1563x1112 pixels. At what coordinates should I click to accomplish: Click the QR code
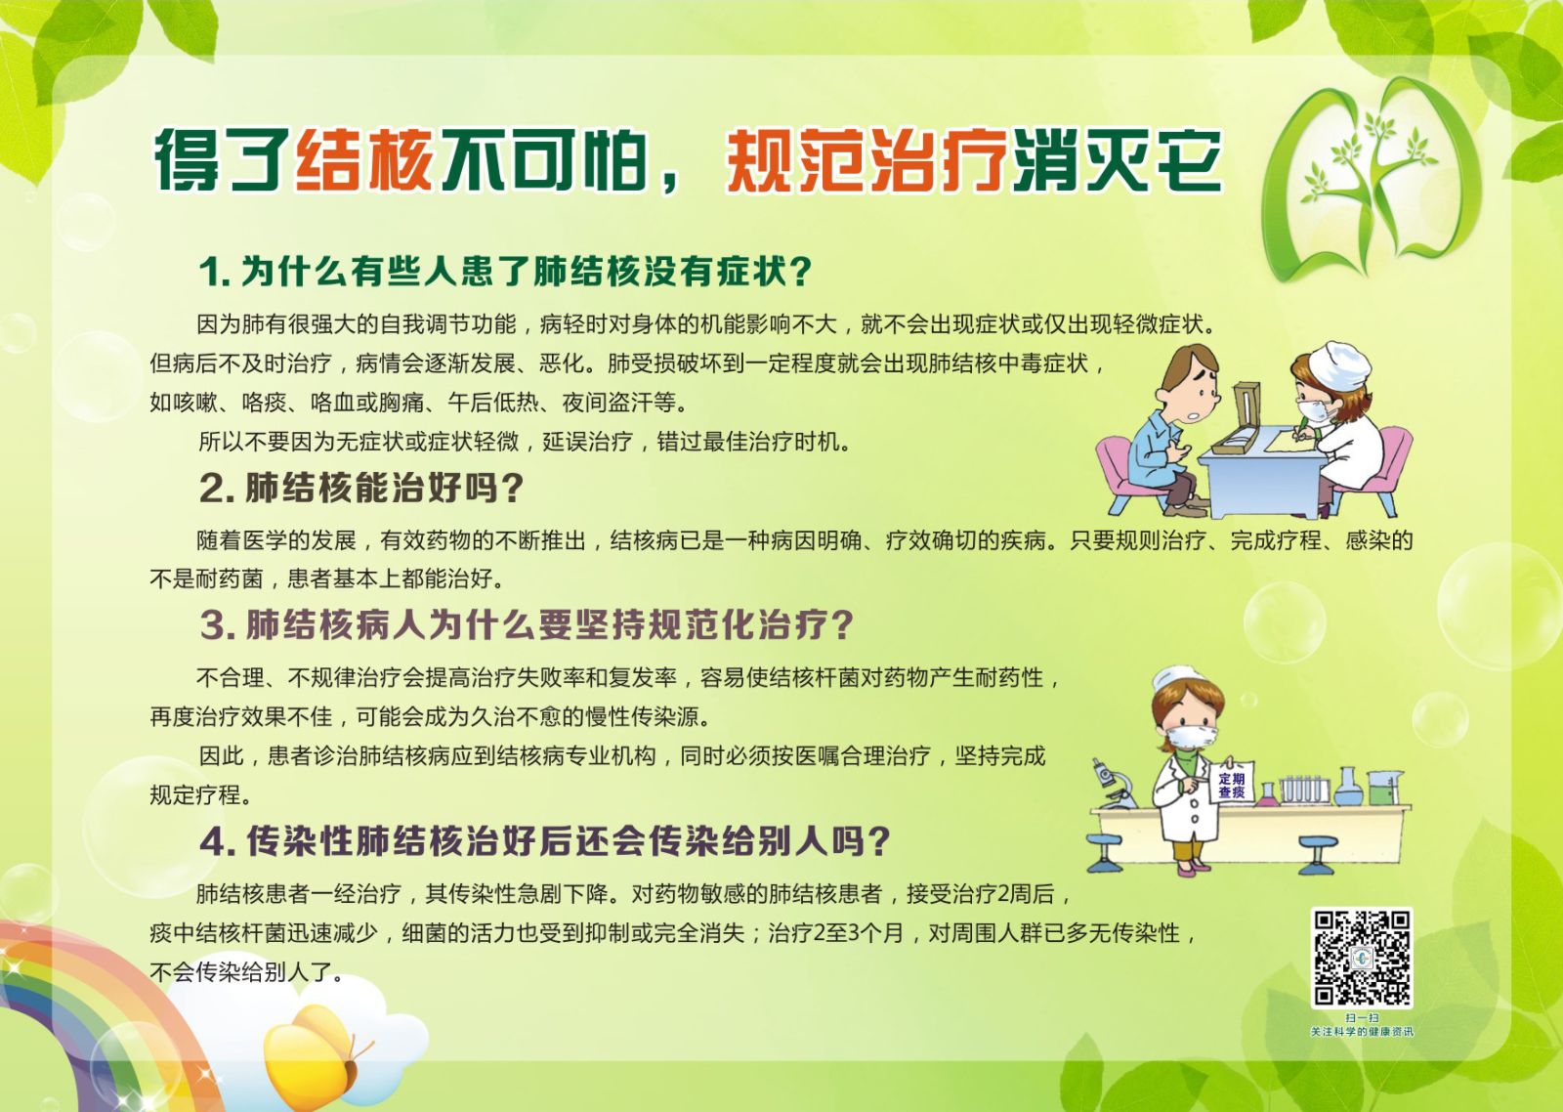(x=1362, y=959)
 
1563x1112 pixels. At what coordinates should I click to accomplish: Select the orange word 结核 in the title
(x=365, y=160)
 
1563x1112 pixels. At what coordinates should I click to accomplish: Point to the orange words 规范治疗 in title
(x=866, y=160)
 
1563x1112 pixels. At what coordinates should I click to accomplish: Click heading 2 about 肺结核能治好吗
(x=361, y=488)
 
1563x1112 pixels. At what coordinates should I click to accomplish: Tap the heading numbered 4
(x=545, y=840)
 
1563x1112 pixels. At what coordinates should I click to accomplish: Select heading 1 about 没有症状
(x=506, y=271)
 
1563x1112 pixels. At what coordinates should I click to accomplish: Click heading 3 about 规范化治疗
(x=527, y=624)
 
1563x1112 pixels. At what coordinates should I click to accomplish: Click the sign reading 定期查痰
(x=1232, y=785)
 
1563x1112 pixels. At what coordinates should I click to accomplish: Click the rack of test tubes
(x=1302, y=790)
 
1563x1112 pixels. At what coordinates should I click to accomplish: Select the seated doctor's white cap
(x=1338, y=364)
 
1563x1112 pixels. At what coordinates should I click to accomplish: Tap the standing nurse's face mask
(x=1192, y=737)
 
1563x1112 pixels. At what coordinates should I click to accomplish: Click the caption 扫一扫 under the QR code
(x=1362, y=1018)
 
